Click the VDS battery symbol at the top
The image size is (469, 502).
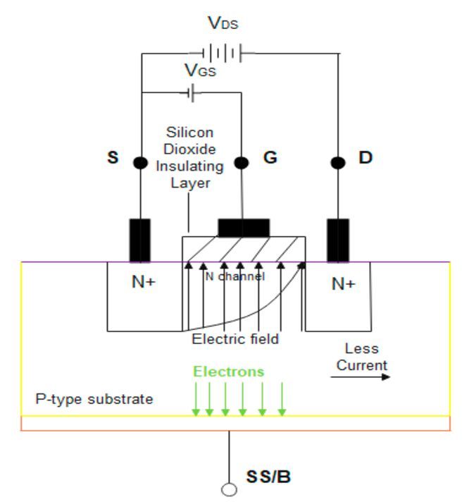[x=222, y=52]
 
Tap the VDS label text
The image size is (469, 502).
[x=223, y=24]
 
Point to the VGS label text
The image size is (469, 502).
[x=201, y=71]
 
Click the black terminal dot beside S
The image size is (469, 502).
[x=140, y=163]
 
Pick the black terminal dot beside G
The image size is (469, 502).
[x=242, y=163]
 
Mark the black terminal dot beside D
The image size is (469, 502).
[x=338, y=163]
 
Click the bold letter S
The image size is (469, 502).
[x=113, y=157]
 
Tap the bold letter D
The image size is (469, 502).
[x=365, y=157]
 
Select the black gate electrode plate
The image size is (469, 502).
[x=244, y=228]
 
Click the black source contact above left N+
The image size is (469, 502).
[x=139, y=240]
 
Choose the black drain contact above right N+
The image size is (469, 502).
[x=338, y=240]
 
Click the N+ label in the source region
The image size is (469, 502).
[x=143, y=283]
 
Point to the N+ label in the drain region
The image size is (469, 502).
[x=343, y=284]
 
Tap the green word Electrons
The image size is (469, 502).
[x=229, y=372]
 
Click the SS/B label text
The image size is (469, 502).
[x=268, y=477]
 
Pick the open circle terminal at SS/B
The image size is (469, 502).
[x=228, y=489]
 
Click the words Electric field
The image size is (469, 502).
[x=235, y=339]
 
